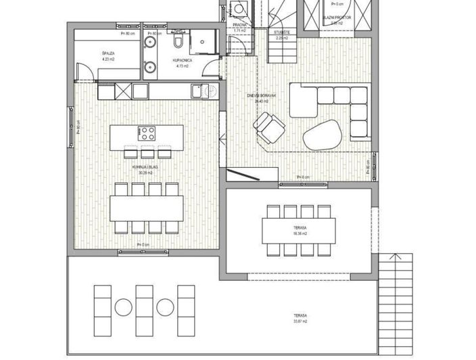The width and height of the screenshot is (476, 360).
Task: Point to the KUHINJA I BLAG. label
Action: coord(145,167)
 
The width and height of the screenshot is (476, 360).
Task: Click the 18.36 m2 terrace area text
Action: coord(300,233)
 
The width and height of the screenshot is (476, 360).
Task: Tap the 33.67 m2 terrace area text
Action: coord(301,321)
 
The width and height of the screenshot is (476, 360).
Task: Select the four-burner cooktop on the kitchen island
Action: coord(147,131)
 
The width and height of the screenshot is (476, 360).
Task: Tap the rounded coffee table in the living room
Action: coord(323,134)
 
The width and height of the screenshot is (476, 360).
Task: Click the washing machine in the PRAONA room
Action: coord(239,9)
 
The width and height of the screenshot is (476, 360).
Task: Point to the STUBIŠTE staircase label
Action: coord(283,32)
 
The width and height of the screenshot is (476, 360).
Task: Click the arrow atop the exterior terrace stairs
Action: coord(395,257)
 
